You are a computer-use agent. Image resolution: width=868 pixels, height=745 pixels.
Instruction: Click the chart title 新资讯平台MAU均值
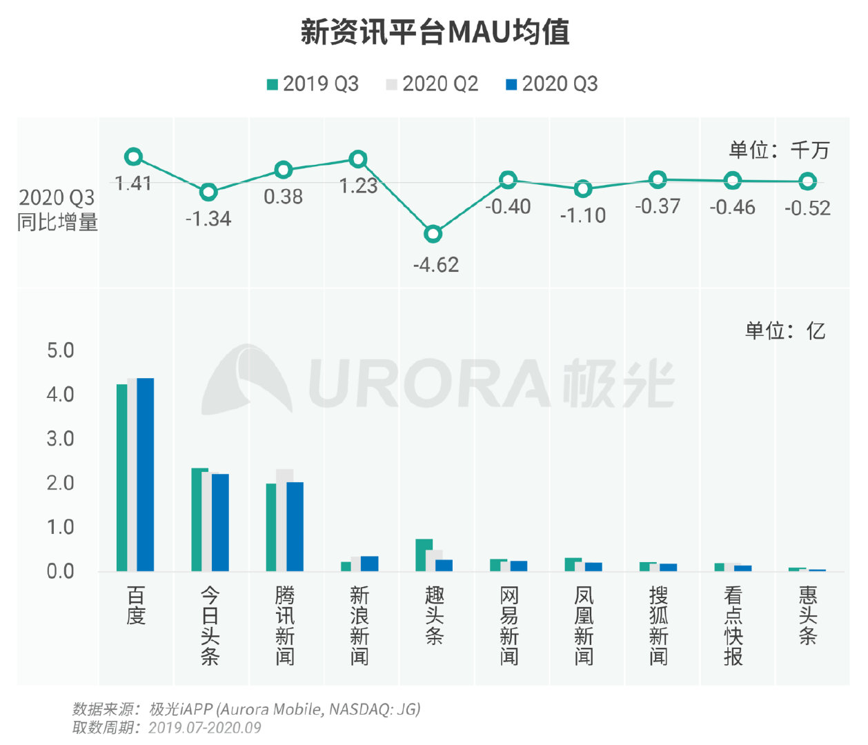[435, 32]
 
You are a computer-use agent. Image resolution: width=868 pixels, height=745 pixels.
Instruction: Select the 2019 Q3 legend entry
[313, 84]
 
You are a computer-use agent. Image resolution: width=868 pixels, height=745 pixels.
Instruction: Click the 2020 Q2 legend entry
[432, 84]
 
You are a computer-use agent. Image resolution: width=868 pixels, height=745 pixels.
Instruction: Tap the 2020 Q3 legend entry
[552, 84]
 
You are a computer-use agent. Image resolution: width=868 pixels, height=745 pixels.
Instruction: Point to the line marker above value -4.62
[433, 234]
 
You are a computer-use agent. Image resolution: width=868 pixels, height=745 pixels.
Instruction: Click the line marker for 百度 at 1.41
[134, 157]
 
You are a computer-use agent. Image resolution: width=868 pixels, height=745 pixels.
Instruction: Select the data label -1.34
[208, 219]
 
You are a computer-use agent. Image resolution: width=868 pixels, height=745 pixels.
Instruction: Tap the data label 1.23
[358, 186]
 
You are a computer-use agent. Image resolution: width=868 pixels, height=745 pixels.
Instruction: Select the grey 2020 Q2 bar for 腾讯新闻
[284, 520]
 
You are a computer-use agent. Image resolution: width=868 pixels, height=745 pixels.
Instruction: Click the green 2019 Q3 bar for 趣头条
[424, 555]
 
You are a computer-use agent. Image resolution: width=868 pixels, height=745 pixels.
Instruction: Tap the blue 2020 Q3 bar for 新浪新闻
[370, 564]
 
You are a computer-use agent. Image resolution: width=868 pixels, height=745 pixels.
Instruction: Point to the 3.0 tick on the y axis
[60, 439]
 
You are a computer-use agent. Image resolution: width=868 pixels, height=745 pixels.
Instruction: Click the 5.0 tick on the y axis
[60, 350]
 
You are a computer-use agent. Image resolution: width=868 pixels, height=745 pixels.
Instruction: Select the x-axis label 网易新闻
[509, 626]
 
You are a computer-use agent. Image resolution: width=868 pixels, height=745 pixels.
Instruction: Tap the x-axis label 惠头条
[807, 615]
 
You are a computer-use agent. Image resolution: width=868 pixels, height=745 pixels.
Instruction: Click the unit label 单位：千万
[779, 150]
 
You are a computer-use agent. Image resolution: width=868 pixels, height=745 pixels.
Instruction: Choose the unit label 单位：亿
[785, 330]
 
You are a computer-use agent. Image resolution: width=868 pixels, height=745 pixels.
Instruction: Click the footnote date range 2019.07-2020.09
[205, 728]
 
